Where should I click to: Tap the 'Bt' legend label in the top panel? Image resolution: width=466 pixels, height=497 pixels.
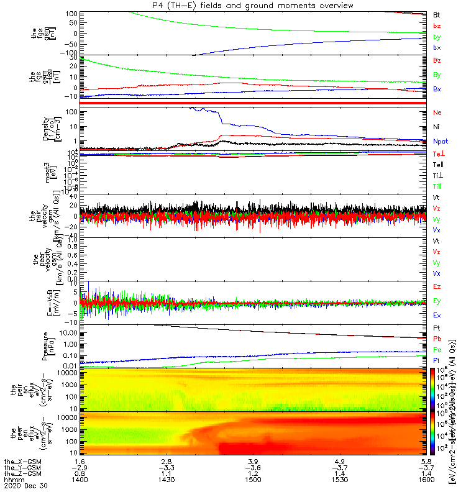click(x=437, y=14)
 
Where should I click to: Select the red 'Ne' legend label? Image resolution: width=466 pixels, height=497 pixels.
click(x=437, y=112)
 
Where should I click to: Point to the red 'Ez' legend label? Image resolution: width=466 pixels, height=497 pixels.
click(x=437, y=286)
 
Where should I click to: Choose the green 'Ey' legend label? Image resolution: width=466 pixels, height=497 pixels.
click(x=437, y=301)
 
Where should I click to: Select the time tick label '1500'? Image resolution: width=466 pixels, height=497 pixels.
click(x=252, y=480)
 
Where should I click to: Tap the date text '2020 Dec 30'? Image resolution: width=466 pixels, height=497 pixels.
click(x=22, y=486)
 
